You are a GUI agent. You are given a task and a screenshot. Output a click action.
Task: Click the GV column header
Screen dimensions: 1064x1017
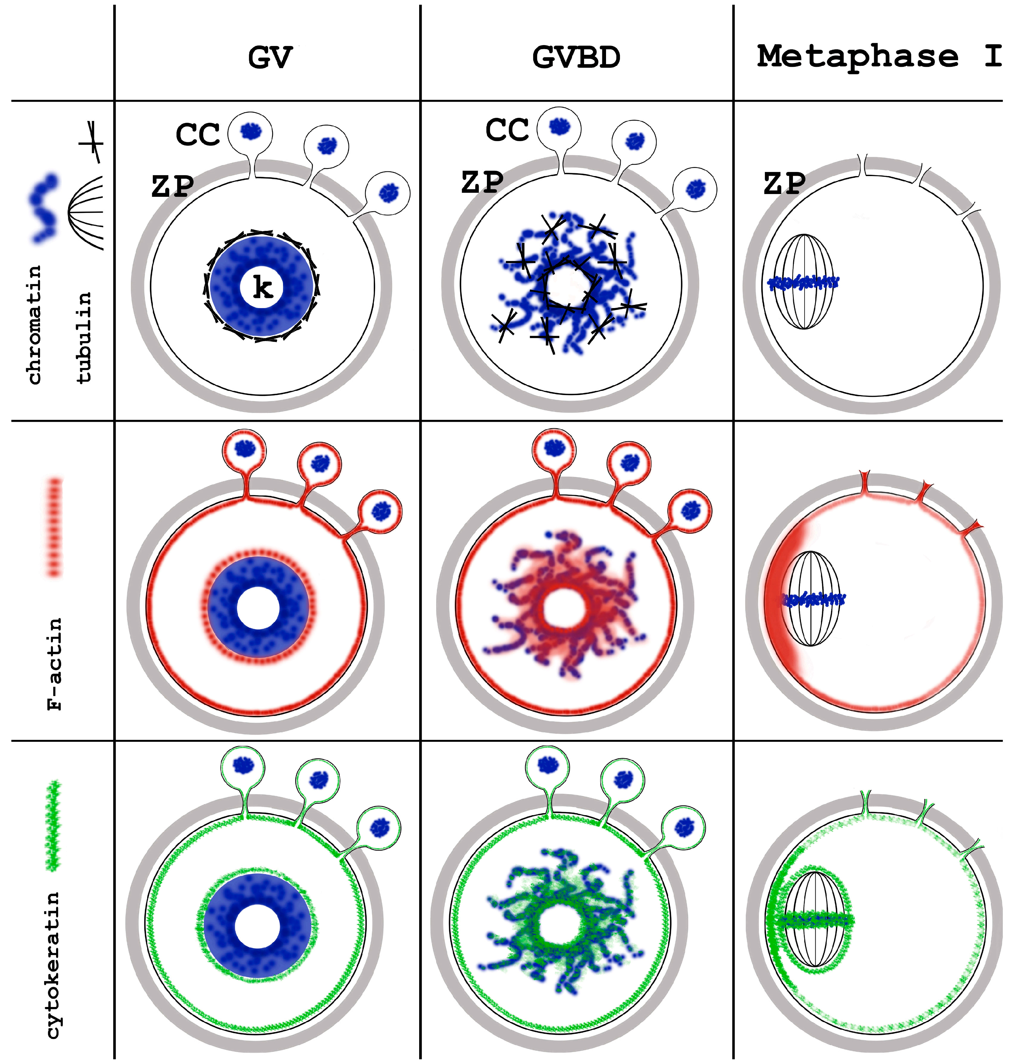click(x=270, y=57)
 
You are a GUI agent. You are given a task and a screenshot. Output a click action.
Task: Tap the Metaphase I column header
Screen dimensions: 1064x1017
click(x=878, y=56)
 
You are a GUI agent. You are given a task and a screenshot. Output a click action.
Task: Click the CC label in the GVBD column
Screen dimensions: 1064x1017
click(x=507, y=130)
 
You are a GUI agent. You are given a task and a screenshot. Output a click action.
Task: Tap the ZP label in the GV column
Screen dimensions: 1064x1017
click(x=172, y=186)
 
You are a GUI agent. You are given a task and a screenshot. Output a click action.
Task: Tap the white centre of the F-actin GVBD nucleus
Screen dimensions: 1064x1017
click(x=565, y=610)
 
